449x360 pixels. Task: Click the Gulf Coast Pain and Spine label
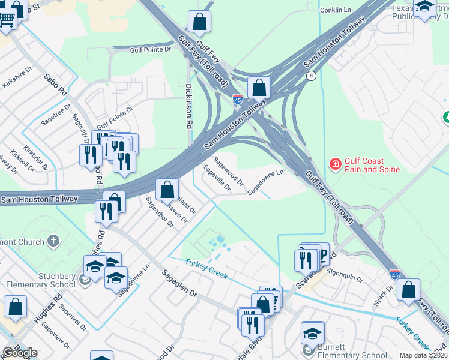coord(372,165)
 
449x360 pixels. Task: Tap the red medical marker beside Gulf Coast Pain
coord(334,163)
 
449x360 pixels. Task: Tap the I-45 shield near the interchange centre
coord(238,100)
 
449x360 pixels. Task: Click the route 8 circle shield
coord(310,76)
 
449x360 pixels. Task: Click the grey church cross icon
coord(53,241)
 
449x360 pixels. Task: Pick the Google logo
coord(20,353)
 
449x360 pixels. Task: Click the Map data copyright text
coord(423,355)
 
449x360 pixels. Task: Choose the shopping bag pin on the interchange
coord(259,88)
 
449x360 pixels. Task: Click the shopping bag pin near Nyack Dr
coord(408,290)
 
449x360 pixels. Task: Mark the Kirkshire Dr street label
coord(16,78)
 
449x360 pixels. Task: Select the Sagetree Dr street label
coord(56,112)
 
